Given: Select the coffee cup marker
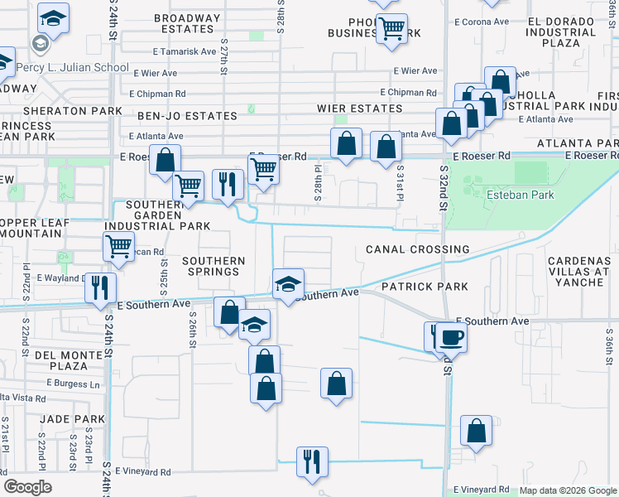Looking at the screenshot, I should click(x=452, y=337).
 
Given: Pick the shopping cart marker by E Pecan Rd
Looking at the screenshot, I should click(x=119, y=246).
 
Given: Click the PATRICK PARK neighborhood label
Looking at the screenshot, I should click(x=425, y=287).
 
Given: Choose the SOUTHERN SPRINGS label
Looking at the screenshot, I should click(x=214, y=266).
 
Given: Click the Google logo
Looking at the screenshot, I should click(x=28, y=487).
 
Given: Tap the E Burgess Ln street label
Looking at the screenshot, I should click(x=73, y=384).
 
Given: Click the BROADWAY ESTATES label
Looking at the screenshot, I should click(x=188, y=23).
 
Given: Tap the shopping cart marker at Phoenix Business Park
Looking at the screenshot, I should click(x=391, y=29).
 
